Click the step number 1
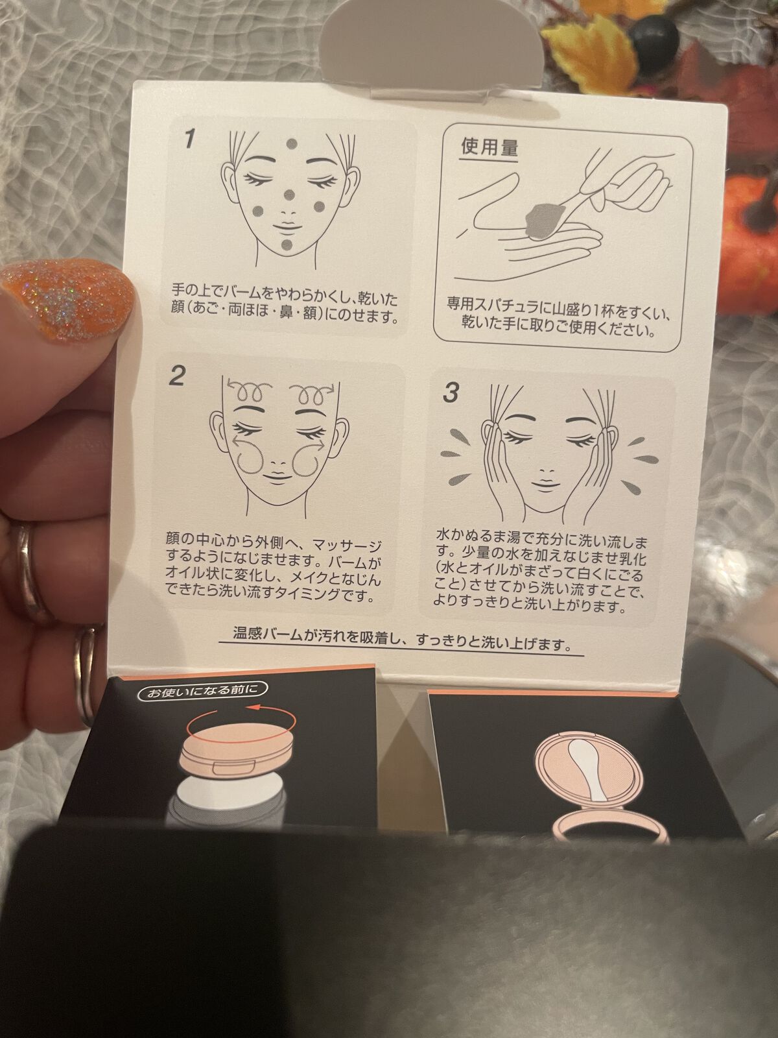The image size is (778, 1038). click(x=189, y=139)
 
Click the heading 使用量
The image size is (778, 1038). click(x=489, y=147)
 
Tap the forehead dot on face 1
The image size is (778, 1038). click(x=292, y=143)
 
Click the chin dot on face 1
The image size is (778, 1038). click(x=287, y=245)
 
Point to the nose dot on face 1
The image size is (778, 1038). click(x=290, y=195)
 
